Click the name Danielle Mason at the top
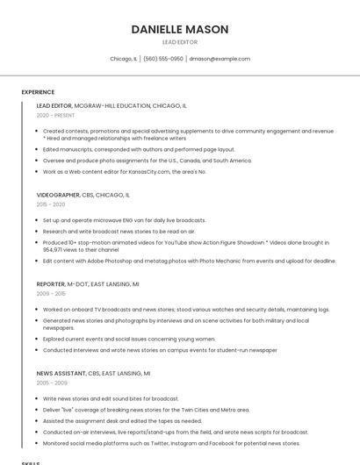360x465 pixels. (x=180, y=29)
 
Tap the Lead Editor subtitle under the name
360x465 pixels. (x=180, y=42)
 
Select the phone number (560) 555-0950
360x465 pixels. (x=163, y=59)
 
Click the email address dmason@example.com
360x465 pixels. (x=220, y=59)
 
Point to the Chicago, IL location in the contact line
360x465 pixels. (x=123, y=59)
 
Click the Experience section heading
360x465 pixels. (x=38, y=91)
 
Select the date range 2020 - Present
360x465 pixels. (x=55, y=115)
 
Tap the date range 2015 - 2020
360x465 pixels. (x=50, y=204)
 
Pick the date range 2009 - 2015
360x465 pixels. (x=50, y=294)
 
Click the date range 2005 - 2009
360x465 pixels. (x=50, y=383)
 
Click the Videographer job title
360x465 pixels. (x=58, y=195)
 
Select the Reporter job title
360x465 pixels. (x=50, y=284)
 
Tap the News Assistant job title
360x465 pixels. (x=61, y=374)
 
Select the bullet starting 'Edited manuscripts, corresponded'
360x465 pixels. (x=139, y=150)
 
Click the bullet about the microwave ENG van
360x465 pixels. (x=124, y=220)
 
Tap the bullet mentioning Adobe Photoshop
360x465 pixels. (x=189, y=261)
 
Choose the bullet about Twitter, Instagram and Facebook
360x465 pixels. (x=171, y=443)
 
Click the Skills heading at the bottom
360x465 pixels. (x=30, y=462)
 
